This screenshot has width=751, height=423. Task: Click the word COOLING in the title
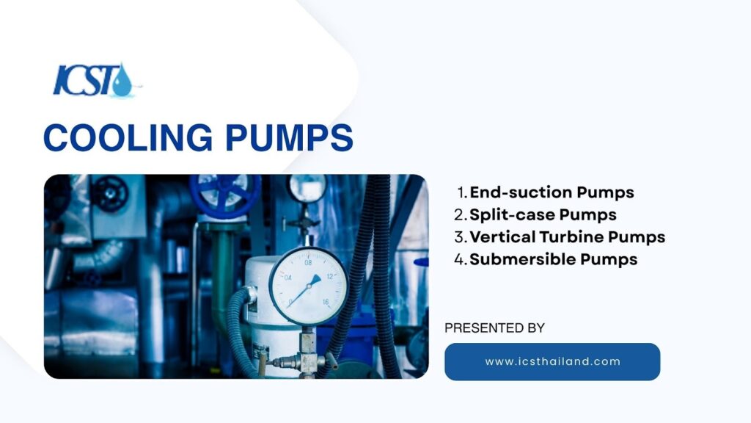(x=128, y=137)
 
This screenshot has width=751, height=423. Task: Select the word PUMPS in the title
(x=289, y=137)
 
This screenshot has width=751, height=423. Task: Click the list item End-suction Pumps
(x=552, y=192)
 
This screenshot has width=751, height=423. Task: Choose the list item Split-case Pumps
(x=543, y=214)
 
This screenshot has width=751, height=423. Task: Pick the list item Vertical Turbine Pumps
(x=567, y=237)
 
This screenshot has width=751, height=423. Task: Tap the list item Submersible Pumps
(x=553, y=259)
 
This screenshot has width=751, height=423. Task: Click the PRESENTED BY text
(x=495, y=328)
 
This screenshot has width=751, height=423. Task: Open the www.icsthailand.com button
(x=552, y=361)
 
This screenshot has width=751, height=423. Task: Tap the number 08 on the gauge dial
(x=308, y=262)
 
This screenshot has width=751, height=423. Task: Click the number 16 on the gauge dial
(x=326, y=302)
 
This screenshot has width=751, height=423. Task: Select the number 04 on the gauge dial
(x=287, y=278)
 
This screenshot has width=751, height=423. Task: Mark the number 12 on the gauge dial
(x=329, y=277)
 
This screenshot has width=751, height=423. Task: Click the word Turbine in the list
(x=571, y=237)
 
